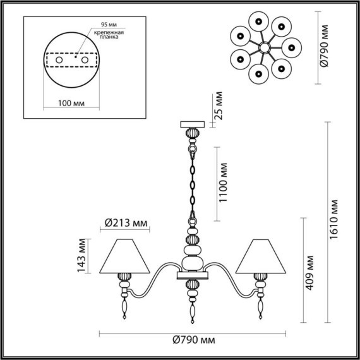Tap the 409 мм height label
(309, 273)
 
